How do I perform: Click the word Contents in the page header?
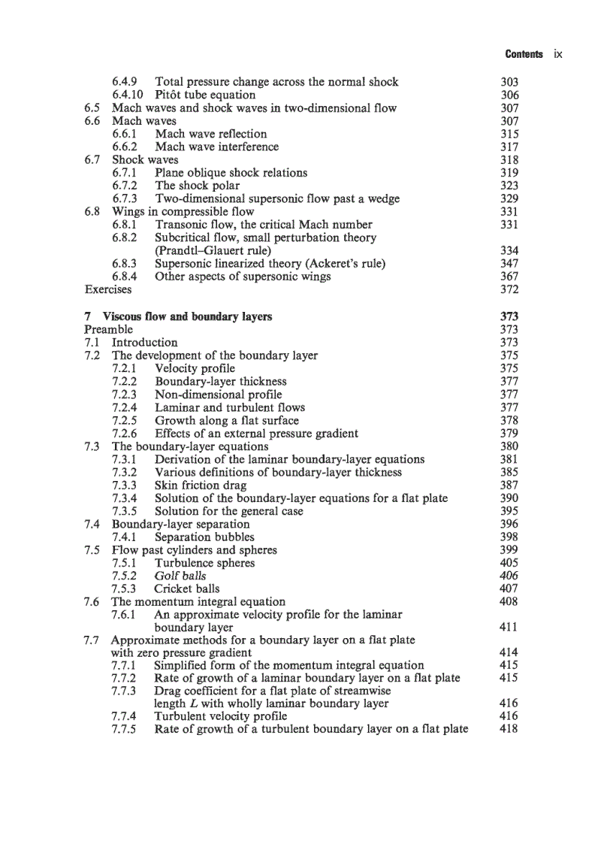coord(524,54)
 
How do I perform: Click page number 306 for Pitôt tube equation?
coord(509,95)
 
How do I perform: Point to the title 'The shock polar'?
coord(198,186)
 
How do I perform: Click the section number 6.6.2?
coord(124,147)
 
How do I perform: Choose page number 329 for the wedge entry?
coord(509,198)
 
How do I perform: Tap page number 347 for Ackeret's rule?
coord(509,263)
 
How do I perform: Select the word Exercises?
coord(107,289)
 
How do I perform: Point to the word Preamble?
coord(108,329)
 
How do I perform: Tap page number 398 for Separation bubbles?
coord(509,537)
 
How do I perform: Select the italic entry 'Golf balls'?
coord(180,576)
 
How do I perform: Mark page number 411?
coord(509,627)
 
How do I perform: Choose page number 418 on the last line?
coord(509,729)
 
